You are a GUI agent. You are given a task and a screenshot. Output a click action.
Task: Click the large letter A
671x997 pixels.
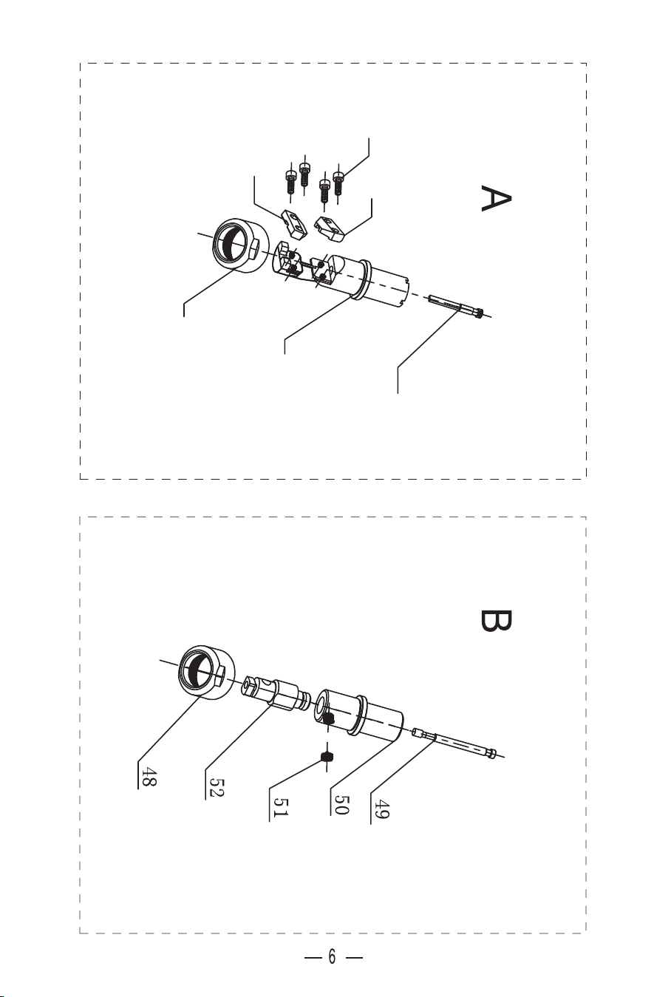[496, 199]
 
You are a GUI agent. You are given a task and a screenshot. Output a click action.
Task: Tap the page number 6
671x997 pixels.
[332, 956]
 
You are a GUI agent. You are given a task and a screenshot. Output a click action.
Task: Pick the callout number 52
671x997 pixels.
[217, 787]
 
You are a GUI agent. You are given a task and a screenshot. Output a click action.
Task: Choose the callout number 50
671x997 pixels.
[341, 804]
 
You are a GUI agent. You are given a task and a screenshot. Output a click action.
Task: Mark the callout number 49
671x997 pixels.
[382, 809]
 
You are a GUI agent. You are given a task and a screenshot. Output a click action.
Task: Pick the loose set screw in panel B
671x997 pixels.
[327, 756]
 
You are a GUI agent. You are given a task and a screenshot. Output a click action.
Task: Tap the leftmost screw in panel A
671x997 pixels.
[290, 180]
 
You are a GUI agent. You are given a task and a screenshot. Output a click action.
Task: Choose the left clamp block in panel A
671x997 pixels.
[293, 225]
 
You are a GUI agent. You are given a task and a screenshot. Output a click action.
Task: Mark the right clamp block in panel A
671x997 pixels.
[330, 228]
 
